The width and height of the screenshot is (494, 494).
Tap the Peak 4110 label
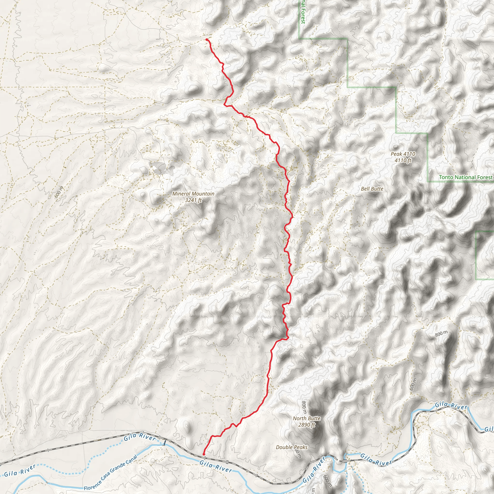click(x=403, y=154)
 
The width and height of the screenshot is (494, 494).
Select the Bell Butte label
click(x=372, y=189)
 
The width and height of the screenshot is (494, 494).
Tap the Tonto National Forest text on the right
click(x=465, y=177)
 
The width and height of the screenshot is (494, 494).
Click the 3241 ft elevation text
click(x=193, y=200)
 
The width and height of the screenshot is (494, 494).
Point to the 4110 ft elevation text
click(x=403, y=160)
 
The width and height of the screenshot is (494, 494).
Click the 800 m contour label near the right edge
click(x=441, y=334)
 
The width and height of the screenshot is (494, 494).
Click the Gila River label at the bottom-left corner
click(x=20, y=470)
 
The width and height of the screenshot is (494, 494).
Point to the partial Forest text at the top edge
click(x=303, y=12)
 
